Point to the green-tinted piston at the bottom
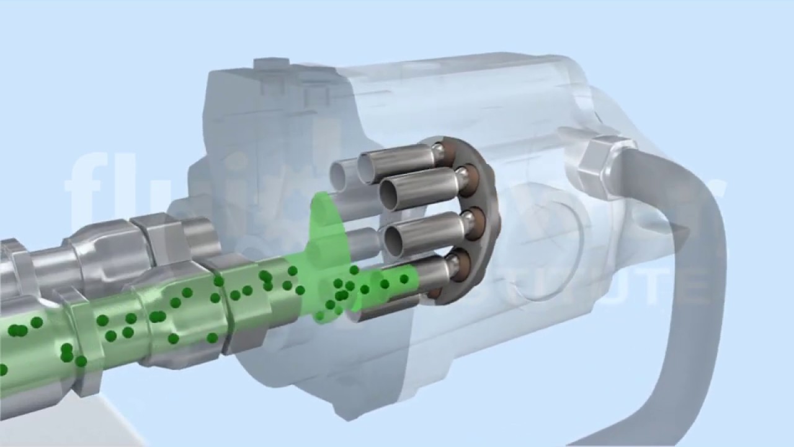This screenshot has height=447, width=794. coord(397,279)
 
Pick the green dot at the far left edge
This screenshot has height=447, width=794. coord(2,370)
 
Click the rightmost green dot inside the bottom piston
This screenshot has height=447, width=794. coord(404,279)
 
